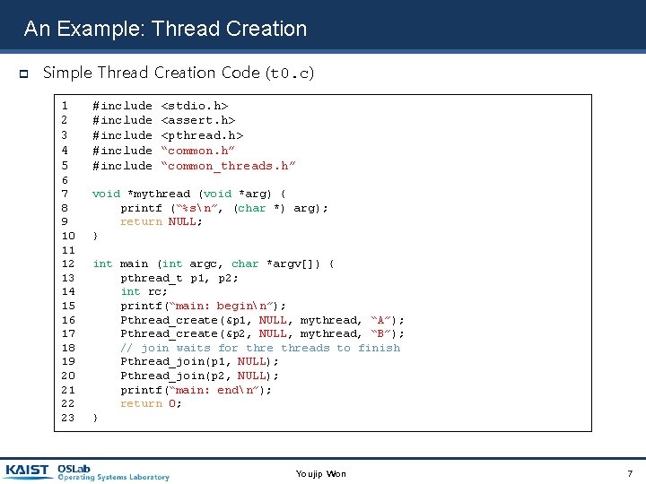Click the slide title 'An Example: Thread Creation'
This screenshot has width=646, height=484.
click(x=165, y=29)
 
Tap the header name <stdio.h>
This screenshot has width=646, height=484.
click(x=194, y=106)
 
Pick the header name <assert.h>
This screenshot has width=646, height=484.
click(x=197, y=120)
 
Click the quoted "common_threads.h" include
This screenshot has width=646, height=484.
click(x=228, y=166)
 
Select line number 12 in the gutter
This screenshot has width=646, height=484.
click(x=67, y=264)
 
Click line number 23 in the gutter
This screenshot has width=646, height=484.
click(x=67, y=418)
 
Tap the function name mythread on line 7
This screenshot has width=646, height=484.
click(x=159, y=194)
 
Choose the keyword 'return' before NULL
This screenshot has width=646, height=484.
click(x=141, y=221)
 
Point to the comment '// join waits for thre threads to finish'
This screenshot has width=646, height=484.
click(x=260, y=348)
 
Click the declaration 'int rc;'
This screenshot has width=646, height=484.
click(x=144, y=291)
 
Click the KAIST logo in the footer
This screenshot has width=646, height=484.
click(x=28, y=471)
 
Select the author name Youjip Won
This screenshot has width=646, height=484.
click(x=320, y=473)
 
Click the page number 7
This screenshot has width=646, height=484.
click(x=630, y=472)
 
